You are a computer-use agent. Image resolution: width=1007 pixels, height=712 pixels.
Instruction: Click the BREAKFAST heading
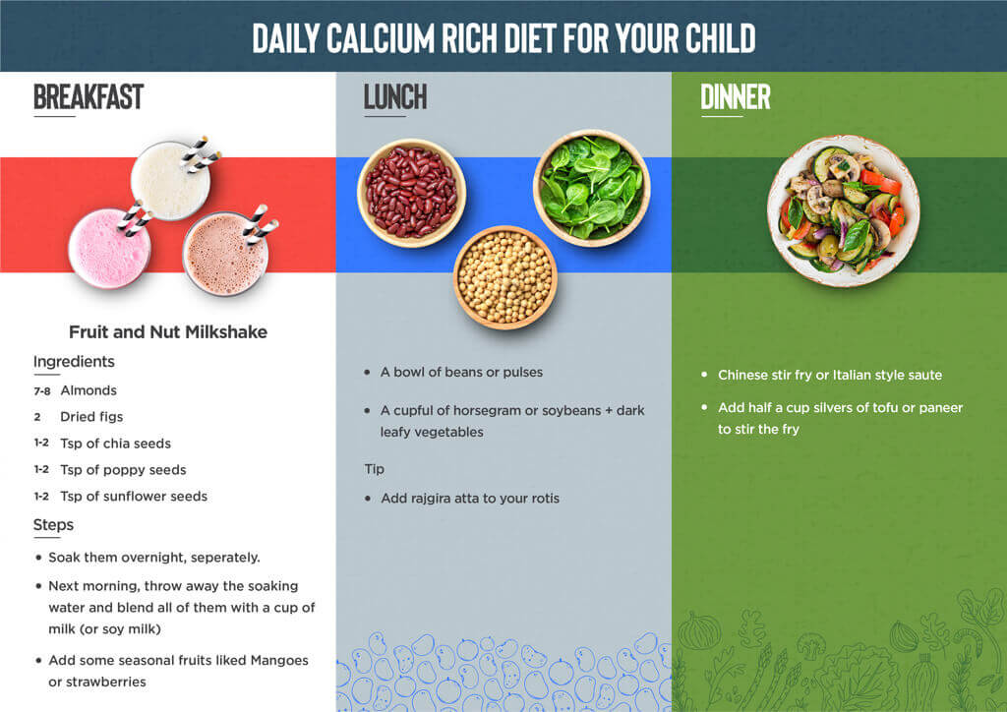tap(89, 97)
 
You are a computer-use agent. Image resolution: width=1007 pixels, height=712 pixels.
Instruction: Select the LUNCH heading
tap(395, 97)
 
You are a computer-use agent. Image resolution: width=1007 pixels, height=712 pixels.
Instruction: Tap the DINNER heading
tap(736, 97)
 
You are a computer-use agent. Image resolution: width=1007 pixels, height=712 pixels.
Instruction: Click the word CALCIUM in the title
tap(381, 38)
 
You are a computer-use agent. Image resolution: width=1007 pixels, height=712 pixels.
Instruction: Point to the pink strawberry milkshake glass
tap(109, 249)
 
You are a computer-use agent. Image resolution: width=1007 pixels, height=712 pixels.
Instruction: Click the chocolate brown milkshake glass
tap(225, 254)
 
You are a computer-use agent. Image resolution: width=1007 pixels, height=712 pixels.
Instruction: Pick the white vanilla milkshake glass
tap(171, 180)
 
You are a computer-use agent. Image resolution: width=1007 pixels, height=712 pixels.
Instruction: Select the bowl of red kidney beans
tap(412, 193)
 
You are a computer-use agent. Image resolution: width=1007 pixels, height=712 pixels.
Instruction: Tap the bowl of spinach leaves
tap(591, 188)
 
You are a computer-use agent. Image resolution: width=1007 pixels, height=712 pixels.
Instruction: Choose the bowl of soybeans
tap(505, 277)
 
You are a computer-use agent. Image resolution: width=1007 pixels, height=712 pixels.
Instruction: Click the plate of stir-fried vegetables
tap(843, 210)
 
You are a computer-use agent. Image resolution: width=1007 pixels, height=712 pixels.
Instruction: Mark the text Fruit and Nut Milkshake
tap(168, 332)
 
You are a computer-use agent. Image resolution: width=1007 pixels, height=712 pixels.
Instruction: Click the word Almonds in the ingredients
tap(89, 390)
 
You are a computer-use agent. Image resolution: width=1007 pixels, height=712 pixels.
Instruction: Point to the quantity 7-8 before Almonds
tap(41, 391)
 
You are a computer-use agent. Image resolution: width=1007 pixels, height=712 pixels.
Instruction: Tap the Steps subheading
tap(53, 525)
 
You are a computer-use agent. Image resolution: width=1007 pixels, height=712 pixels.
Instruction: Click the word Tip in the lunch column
tap(375, 469)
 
